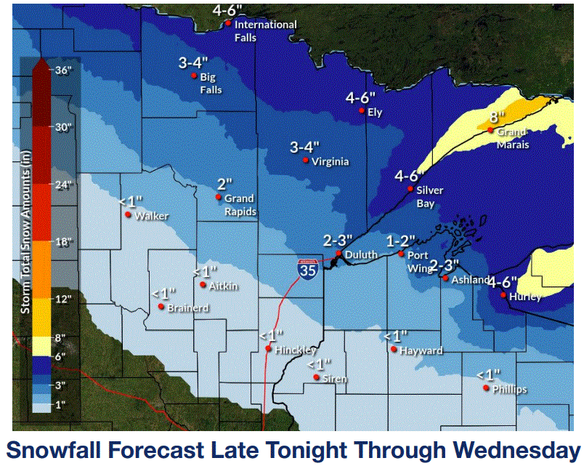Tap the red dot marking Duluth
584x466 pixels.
point(338,253)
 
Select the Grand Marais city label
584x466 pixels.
point(513,138)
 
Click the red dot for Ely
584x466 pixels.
point(362,111)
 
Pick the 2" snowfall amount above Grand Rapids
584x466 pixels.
point(224,183)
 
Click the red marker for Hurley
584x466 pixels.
point(503,294)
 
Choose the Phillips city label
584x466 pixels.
point(509,390)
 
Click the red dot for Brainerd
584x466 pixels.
point(161,307)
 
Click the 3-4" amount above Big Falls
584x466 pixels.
point(193,63)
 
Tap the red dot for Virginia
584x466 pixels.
point(306,160)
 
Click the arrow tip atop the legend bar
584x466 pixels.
point(40,61)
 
